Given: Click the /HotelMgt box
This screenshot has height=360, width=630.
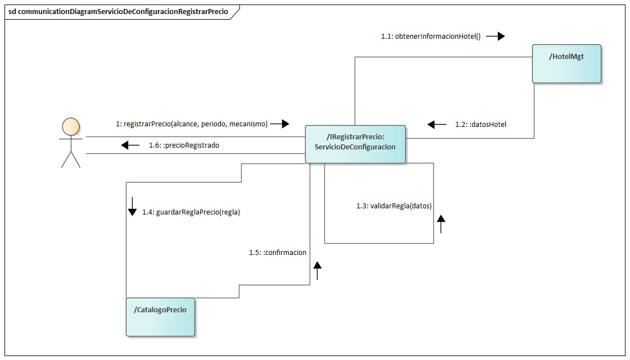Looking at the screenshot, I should [x=566, y=63].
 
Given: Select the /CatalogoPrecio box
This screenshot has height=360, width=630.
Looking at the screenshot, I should [x=160, y=317].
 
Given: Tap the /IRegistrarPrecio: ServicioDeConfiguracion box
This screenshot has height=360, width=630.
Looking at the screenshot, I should [x=355, y=144].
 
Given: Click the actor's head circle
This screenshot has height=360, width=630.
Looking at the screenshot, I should [x=71, y=126].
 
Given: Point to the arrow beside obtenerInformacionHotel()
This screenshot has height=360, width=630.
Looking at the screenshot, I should [x=495, y=37].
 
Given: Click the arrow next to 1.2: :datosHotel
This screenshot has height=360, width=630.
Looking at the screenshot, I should [x=437, y=124].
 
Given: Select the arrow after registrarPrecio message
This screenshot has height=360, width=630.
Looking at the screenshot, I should [x=279, y=124].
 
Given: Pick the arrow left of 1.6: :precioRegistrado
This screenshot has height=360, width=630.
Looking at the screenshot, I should [x=130, y=145].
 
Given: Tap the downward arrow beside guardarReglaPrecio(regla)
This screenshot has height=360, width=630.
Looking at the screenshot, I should [x=132, y=206].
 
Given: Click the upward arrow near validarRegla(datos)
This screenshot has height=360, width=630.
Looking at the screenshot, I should [x=441, y=224].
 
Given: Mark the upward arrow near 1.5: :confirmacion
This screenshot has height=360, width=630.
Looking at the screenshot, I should [x=318, y=271].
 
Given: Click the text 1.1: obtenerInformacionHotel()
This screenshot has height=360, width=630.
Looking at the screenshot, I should [x=430, y=37].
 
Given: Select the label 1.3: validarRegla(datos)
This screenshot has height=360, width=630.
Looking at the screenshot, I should [x=394, y=206].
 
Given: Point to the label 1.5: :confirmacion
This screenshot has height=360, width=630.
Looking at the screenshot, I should [x=278, y=253].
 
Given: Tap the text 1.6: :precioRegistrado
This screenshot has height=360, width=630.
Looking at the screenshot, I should [x=184, y=145].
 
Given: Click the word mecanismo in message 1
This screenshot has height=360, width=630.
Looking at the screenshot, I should [x=247, y=124].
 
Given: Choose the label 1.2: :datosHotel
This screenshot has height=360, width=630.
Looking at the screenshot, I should [x=481, y=124].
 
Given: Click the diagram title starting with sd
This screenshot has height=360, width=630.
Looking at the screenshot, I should [x=118, y=11].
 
